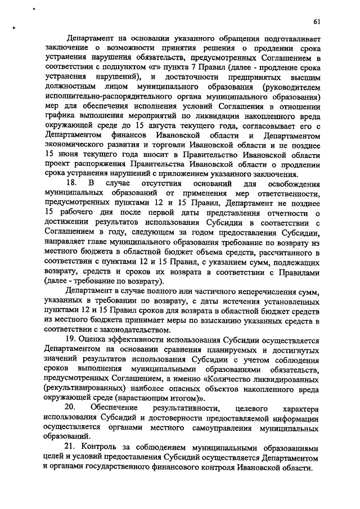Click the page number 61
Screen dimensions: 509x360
pyautogui.click(x=317, y=22)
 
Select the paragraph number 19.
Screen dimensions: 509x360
pyautogui.click(x=71, y=341)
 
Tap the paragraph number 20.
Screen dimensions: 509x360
pyautogui.click(x=71, y=406)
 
